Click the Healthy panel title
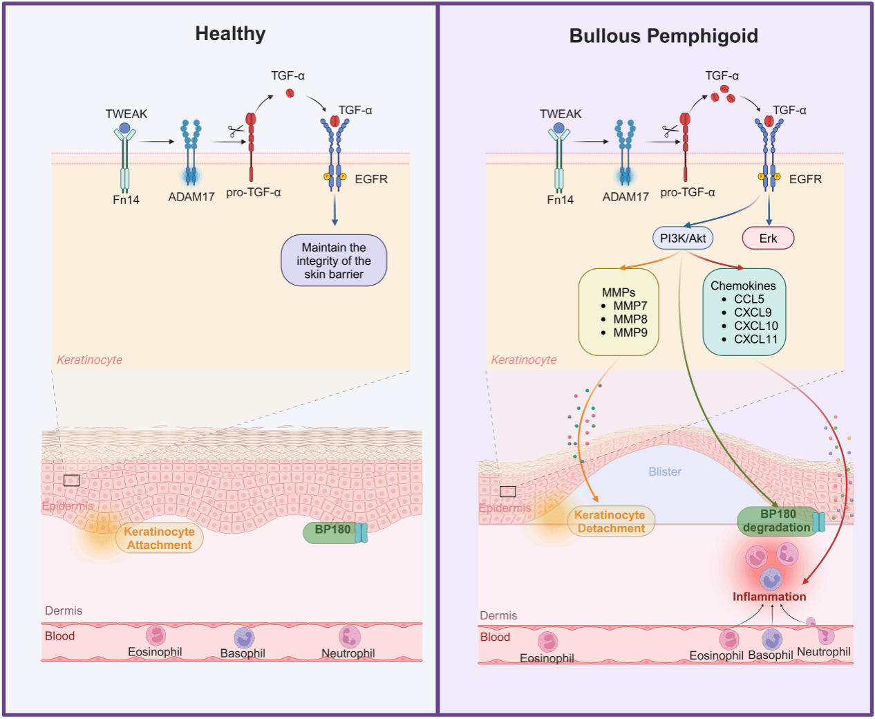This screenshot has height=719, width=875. coord(230,34)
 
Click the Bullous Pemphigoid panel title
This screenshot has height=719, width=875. coord(664,36)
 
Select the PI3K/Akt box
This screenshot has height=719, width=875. coord(683,239)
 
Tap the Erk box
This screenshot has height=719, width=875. coord(768,239)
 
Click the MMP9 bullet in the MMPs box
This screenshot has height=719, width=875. coord(630,333)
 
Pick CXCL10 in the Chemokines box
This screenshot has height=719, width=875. coord(755,326)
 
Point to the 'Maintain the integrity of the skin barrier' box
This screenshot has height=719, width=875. coord(334,261)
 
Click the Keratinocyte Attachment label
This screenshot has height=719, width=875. coord(159,539)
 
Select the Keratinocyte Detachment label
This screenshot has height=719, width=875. coord(611,522)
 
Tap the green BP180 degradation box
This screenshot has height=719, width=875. coord(777,521)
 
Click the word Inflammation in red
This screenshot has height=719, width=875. coord(769,597)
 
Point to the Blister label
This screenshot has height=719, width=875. coord(665,471)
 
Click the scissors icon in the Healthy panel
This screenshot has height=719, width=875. coord(236,130)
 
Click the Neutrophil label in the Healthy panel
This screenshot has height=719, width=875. coord(348,653)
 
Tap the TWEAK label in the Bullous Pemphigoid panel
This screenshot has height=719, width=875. coord(561,114)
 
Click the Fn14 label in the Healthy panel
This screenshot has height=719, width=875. coord(126,200)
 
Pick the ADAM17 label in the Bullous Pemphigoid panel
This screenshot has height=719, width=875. coord(625,197)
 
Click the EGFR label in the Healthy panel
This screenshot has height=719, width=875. coord(371,179)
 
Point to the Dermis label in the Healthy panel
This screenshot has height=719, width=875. coord(64,610)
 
